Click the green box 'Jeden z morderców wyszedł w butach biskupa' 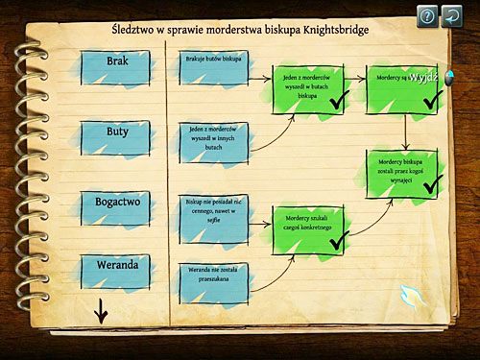tap(306, 85)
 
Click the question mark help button tap(427, 15)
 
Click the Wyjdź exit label tap(423, 77)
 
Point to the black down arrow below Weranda tap(99, 311)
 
